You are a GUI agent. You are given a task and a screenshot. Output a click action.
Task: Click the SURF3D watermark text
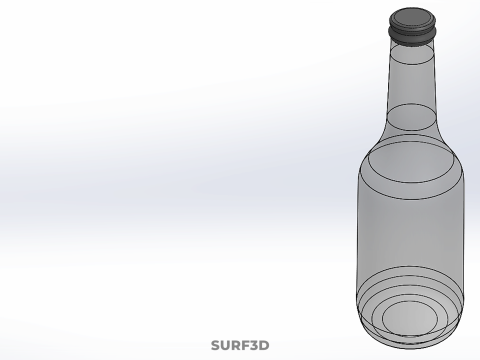pos(240,346)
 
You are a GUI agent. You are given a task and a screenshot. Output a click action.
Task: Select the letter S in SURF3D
pos(216,346)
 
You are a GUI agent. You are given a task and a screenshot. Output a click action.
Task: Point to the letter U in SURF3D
pos(226,346)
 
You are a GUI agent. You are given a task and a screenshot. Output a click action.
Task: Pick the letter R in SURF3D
pos(236,346)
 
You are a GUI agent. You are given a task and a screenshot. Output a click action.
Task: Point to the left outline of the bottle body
pos(359,240)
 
